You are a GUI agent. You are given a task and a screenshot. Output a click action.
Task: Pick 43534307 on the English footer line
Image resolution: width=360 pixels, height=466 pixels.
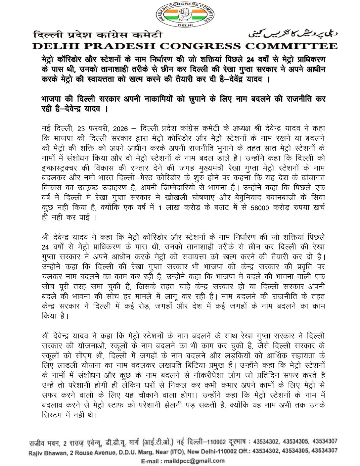coord(325,451)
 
